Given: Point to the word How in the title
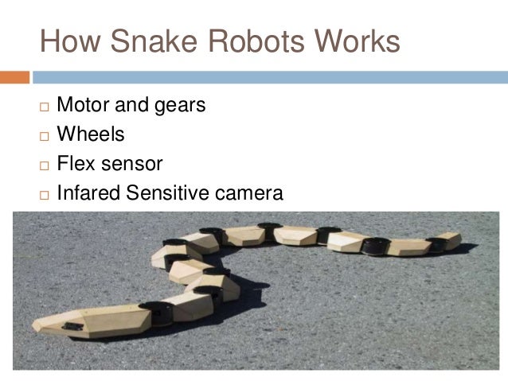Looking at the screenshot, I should (x=69, y=41).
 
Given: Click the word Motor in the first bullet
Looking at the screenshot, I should (x=84, y=105).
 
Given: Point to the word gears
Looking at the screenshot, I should (x=179, y=106).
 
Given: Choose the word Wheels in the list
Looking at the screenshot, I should (x=91, y=134).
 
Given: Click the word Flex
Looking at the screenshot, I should (x=74, y=164).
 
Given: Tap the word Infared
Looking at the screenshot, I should (x=88, y=193).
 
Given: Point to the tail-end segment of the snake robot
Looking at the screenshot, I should (x=447, y=240).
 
